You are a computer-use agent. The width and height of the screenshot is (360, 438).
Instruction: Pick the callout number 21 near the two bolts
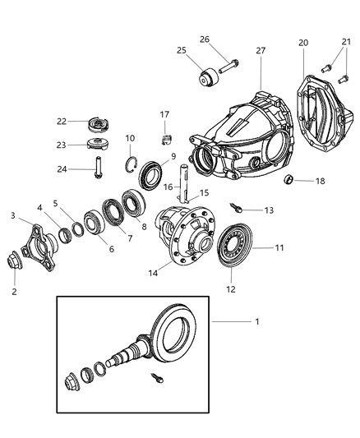pyautogui.click(x=344, y=43)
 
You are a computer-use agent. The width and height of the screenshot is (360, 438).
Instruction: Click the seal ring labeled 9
pyautogui.click(x=151, y=174)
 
